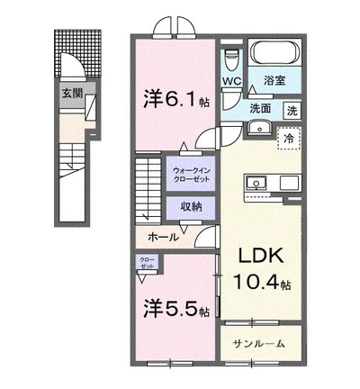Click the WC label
pyautogui.click(x=232, y=82)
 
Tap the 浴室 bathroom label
pyautogui.click(x=277, y=82)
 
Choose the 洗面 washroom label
pyautogui.click(x=260, y=110)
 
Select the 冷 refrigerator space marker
pyautogui.click(x=290, y=140)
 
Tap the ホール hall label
pyautogui.click(x=163, y=237)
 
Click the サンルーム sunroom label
pyautogui.click(x=258, y=343)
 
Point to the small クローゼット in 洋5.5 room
pyautogui.click(x=147, y=264)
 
